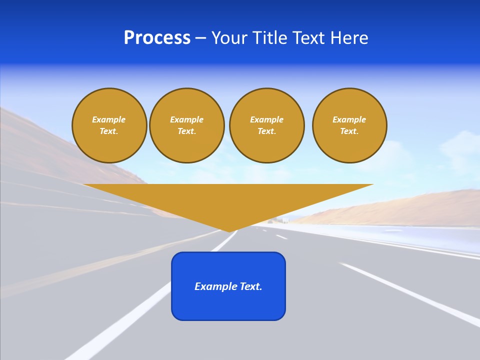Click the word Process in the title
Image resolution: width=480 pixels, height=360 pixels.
pos(157,38)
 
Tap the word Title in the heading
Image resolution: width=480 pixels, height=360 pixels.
pos(269,38)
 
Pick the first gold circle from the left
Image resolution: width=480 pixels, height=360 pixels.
pos(109,125)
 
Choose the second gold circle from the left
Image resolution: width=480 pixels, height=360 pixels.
pos(187,125)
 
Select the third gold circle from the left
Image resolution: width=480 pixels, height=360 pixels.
pos(267,125)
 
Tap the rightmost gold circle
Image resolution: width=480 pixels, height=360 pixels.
pos(349,125)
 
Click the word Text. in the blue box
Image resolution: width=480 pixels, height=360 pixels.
pos(249,286)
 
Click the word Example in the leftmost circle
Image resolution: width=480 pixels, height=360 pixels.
pos(109,119)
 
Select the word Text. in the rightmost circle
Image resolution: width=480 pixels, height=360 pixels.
pos(349,131)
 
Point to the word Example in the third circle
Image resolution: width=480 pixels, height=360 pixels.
pos(267,119)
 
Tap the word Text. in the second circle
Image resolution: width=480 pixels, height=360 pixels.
pos(187,131)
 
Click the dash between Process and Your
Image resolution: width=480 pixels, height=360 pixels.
pos(200,38)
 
